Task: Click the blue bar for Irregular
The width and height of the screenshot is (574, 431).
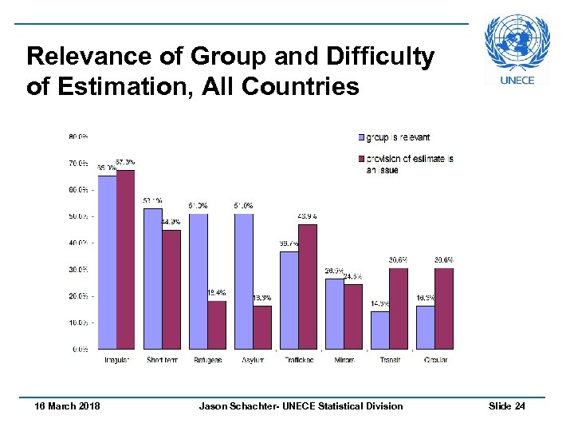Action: [x=107, y=263]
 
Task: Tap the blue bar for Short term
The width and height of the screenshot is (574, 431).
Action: [x=152, y=279]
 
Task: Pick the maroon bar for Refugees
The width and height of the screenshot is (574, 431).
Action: [x=216, y=325]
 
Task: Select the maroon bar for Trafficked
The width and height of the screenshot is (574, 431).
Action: [x=308, y=287]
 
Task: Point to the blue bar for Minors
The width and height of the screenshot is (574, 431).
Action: [x=334, y=314]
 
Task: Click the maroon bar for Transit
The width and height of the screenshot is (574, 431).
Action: [x=399, y=309]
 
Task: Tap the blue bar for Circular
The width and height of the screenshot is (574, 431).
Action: [x=425, y=327]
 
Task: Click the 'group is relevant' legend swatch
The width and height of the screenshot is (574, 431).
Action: [x=361, y=137]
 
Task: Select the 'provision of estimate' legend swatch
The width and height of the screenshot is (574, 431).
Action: [x=361, y=158]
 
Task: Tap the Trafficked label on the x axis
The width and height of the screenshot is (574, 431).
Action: [x=299, y=360]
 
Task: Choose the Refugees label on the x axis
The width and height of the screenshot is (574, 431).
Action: [x=207, y=360]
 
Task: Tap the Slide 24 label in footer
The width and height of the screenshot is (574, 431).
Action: [x=506, y=406]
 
